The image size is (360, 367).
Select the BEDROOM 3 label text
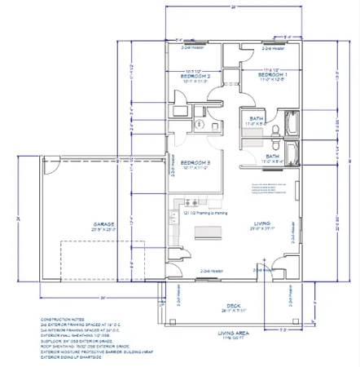[196, 164]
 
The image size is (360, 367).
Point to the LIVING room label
[262, 224]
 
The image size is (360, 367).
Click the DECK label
[233, 306]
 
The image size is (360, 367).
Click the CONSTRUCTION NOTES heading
[60, 320]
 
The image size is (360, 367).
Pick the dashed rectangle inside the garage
[103, 259]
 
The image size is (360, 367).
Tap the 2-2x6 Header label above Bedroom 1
[272, 48]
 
